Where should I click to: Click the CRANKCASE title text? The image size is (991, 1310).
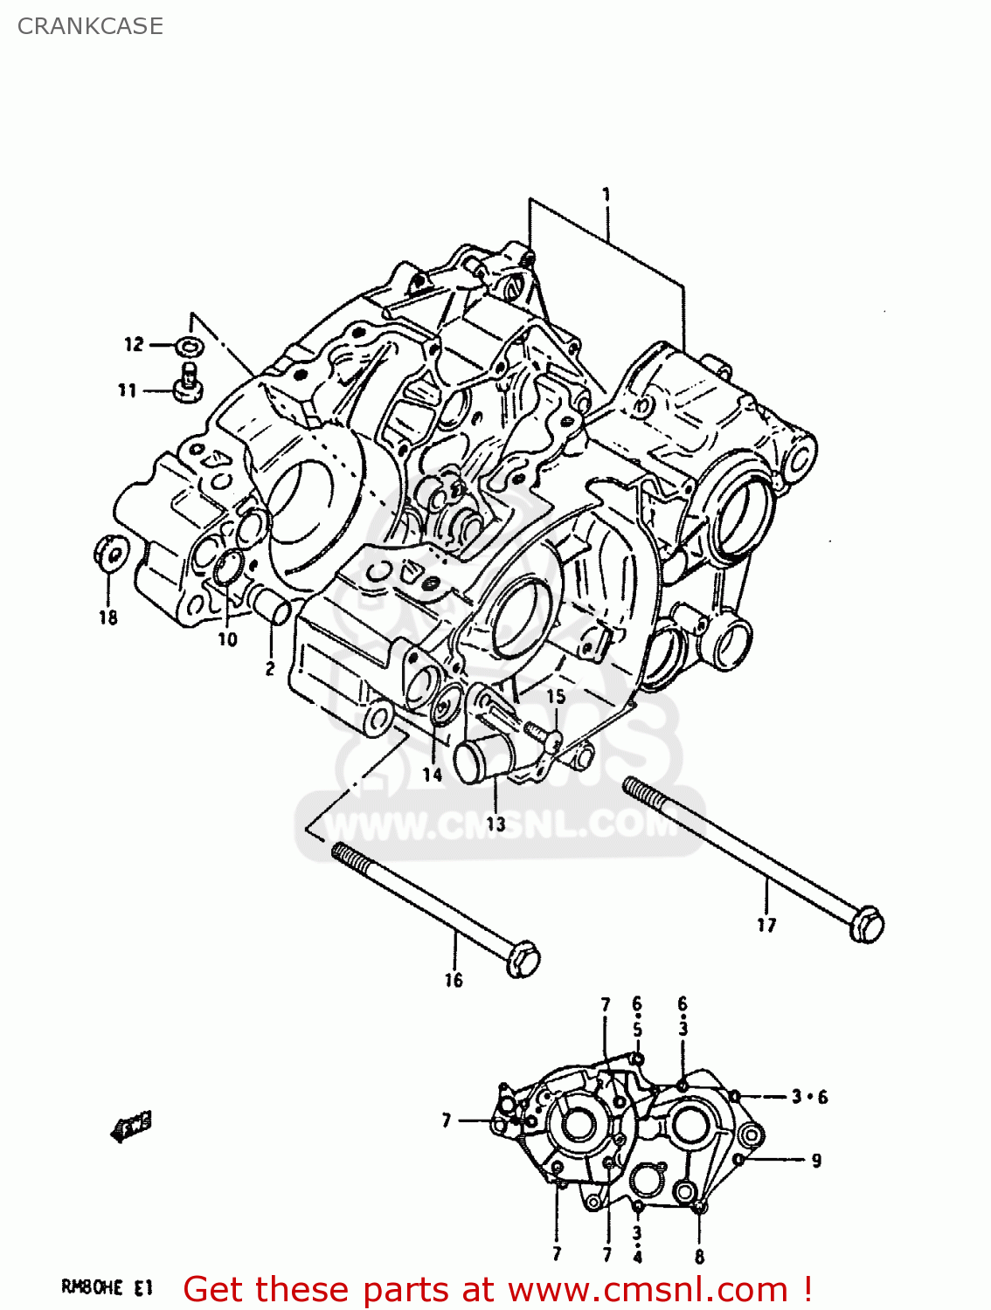[90, 26]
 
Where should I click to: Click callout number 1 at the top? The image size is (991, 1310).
[606, 194]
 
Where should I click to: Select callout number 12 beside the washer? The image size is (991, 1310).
[134, 344]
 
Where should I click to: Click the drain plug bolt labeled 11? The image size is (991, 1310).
[187, 385]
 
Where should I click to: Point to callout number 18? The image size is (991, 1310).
[107, 617]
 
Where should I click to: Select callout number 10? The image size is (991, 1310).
[227, 639]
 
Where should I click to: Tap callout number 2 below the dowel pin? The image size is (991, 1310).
[270, 668]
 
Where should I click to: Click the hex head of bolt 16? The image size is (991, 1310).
[523, 959]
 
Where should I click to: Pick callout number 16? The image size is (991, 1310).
[453, 980]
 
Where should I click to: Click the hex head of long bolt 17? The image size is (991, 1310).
[866, 925]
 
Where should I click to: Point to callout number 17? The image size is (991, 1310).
[766, 925]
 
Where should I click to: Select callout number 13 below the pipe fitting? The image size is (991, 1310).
[495, 823]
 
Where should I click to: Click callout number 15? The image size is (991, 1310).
[556, 696]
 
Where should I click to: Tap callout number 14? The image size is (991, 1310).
[432, 774]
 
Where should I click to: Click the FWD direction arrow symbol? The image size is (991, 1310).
[131, 1127]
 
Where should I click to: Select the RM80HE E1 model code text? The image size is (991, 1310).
[107, 1286]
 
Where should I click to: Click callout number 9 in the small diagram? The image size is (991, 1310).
[816, 1160]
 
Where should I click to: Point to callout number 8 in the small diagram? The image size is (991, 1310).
[699, 1258]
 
